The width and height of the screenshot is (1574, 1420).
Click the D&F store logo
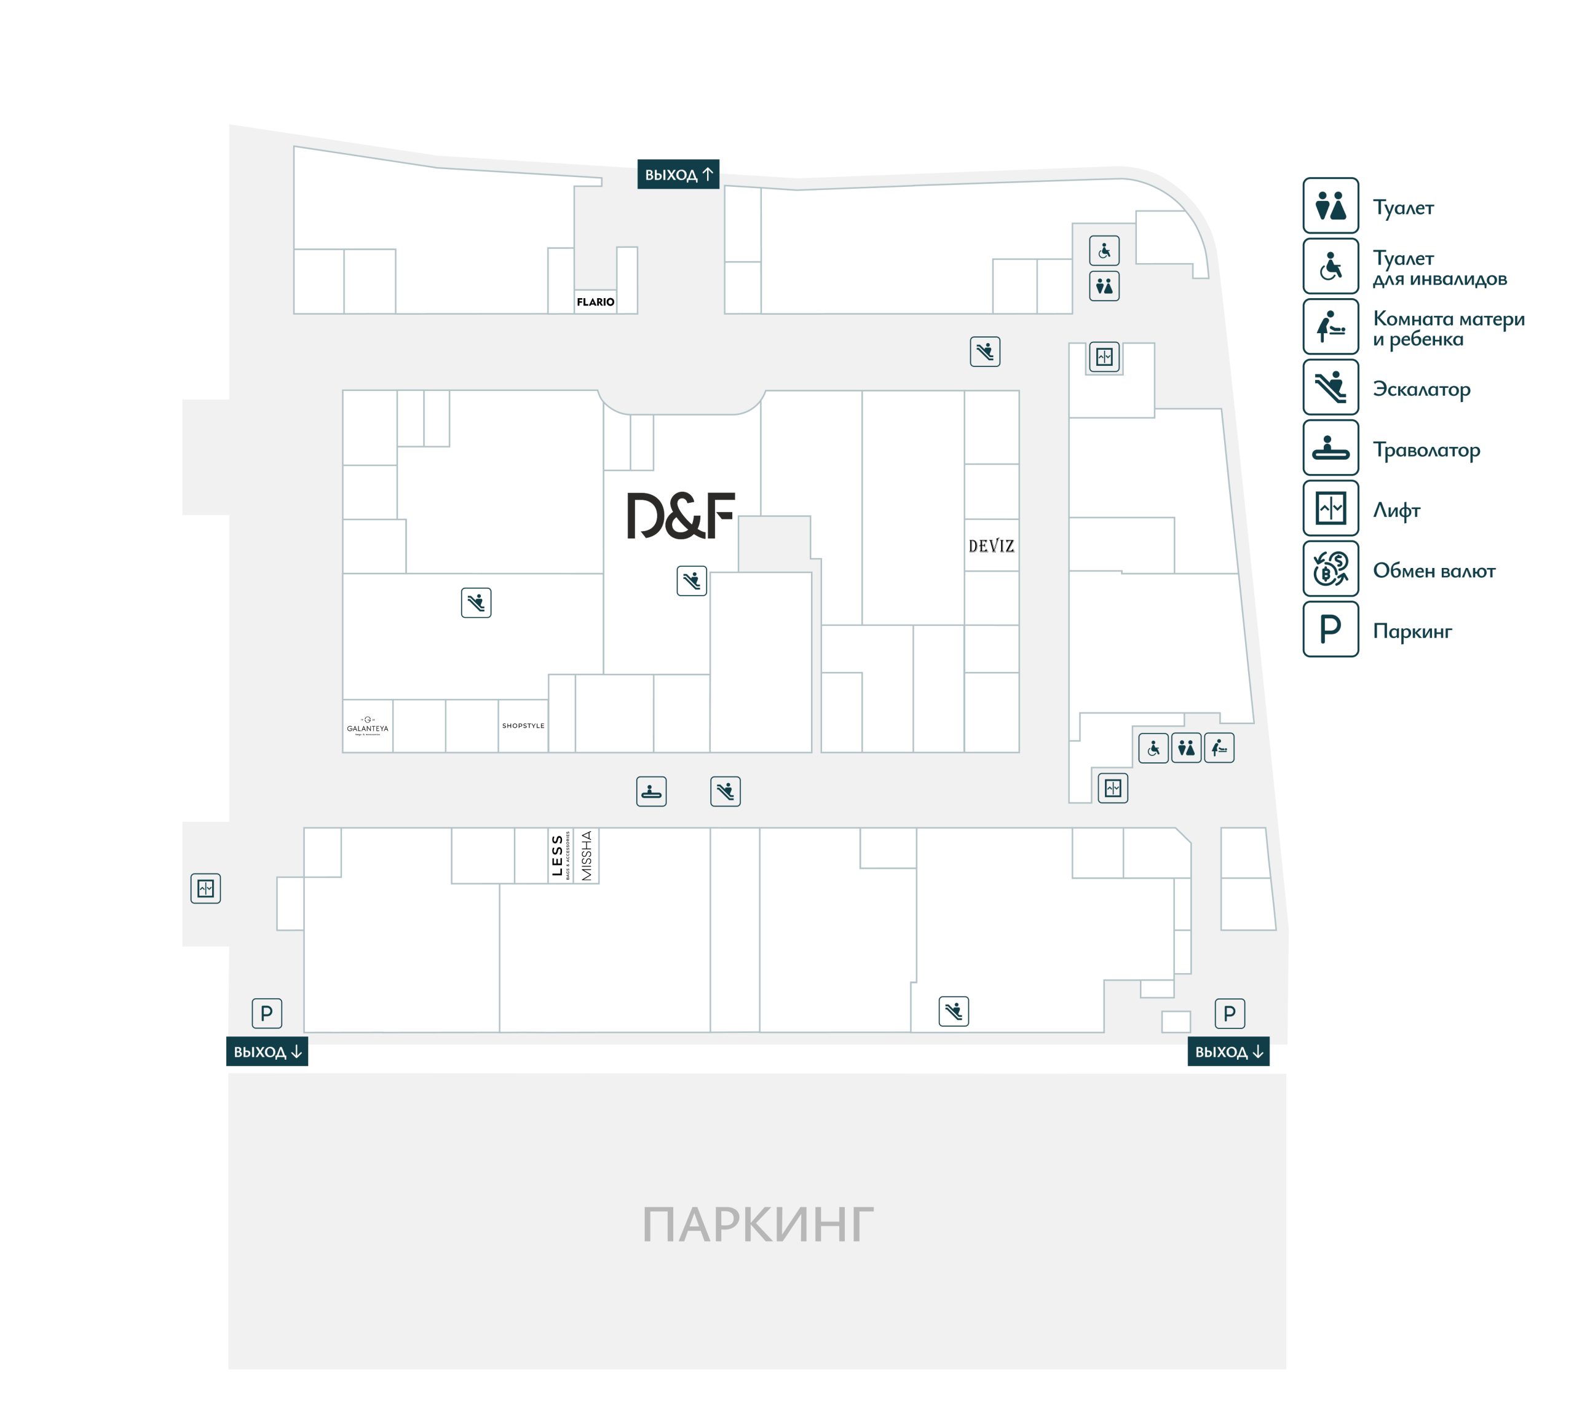[x=681, y=516]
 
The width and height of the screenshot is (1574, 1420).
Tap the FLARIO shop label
[x=595, y=302]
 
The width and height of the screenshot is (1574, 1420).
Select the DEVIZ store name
[x=991, y=546]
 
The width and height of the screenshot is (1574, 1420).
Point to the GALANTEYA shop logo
[x=368, y=725]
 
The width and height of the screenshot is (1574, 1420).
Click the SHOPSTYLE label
[x=523, y=725]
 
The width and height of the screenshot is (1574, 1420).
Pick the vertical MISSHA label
[x=587, y=856]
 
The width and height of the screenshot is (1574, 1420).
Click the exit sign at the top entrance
[x=678, y=175]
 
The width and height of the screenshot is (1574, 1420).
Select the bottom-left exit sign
[x=267, y=1052]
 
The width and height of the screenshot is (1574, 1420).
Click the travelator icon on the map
[x=651, y=791]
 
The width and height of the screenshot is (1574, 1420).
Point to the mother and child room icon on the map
[x=1219, y=748]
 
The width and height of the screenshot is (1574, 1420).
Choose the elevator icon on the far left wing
[x=206, y=888]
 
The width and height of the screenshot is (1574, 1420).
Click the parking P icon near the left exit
[x=267, y=1014]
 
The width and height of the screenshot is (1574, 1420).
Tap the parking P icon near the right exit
[x=1229, y=1014]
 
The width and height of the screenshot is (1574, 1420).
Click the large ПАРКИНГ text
[x=757, y=1225]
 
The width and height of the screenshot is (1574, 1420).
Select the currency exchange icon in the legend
[x=1331, y=569]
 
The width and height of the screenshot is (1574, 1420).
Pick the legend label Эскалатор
[x=1421, y=389]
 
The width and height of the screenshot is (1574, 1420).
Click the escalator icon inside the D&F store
[x=692, y=580]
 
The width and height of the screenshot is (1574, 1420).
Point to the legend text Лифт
[x=1396, y=510]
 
